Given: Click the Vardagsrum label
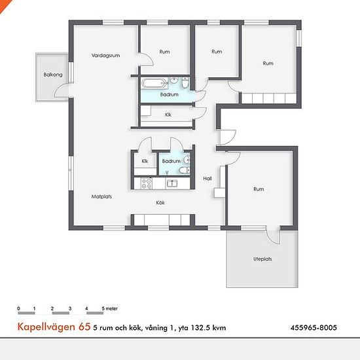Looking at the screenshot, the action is (x=105, y=56).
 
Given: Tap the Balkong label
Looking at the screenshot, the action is (x=53, y=75).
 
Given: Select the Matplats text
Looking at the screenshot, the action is (x=101, y=196).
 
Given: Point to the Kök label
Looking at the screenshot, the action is (x=160, y=203).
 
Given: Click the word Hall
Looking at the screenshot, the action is (x=207, y=179).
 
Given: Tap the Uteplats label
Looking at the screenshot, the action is (x=262, y=259).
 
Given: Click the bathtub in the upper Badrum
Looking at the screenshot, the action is (x=154, y=83).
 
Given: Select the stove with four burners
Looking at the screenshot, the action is (x=147, y=183).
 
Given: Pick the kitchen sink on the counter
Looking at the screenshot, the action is (x=172, y=183).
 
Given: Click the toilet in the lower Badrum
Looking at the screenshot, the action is (x=185, y=170).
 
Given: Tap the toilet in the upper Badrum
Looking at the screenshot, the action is (x=185, y=82).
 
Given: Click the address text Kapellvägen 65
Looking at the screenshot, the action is (x=54, y=327).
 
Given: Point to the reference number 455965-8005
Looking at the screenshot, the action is (x=314, y=327).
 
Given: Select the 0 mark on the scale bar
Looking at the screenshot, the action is (x=18, y=308).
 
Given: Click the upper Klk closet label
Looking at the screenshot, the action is (x=168, y=115).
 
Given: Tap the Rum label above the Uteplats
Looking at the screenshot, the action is (x=259, y=189).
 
